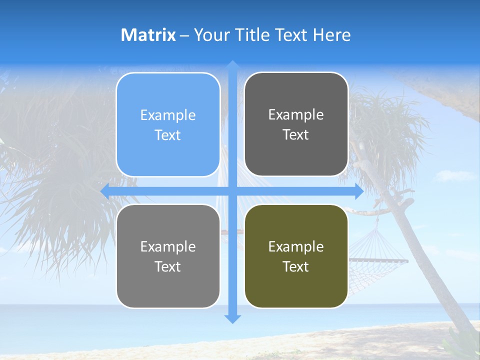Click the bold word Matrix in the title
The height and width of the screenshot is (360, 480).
pyautogui.click(x=148, y=35)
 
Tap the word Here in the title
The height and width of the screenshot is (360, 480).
pyautogui.click(x=332, y=35)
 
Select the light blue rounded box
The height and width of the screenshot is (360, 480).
pyautogui.click(x=168, y=124)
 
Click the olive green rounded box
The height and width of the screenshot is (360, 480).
pyautogui.click(x=296, y=256)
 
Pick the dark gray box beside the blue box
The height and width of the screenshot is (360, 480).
pyautogui.click(x=296, y=124)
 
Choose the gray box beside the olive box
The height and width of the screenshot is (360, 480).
pyautogui.click(x=168, y=256)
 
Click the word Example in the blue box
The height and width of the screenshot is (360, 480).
pyautogui.click(x=168, y=115)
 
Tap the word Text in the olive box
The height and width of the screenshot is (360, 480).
pyautogui.click(x=296, y=267)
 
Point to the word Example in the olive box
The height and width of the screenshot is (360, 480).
pyautogui.click(x=296, y=246)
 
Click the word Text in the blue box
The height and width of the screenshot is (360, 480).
pyautogui.click(x=168, y=135)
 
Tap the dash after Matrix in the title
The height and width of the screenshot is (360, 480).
pyautogui.click(x=184, y=35)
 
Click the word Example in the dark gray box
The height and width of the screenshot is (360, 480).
pyautogui.click(x=296, y=115)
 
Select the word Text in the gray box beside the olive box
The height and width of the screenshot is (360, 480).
pyautogui.click(x=168, y=267)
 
